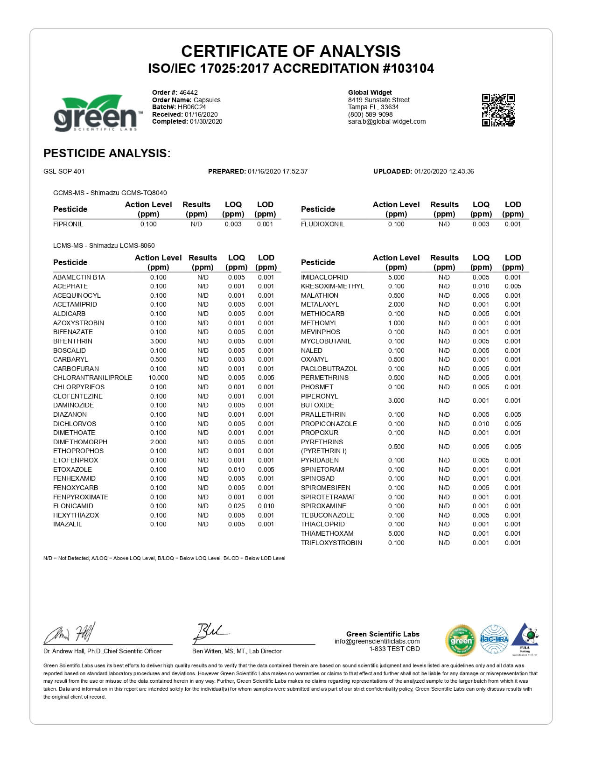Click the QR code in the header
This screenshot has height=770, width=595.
pos(498,110)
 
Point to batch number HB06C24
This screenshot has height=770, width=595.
pos(192,107)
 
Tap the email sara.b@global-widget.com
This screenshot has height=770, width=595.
pos(387,121)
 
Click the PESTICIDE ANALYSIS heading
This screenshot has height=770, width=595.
pos(107,153)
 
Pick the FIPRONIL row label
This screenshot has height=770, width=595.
pos(68,224)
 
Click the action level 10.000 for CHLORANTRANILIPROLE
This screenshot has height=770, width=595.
pos(158,378)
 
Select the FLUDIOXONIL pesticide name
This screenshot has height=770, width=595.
pos(322,224)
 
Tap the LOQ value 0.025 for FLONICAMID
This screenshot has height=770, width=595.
pos(237,506)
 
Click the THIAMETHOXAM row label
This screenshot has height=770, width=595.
pos(327,533)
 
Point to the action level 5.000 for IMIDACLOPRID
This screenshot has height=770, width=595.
pos(396,277)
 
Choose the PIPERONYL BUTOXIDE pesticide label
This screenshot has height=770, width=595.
pos(320,400)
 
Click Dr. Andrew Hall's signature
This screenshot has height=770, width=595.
pos(70,633)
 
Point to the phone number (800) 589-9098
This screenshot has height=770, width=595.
pos(370,114)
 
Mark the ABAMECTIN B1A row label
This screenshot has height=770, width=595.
pos(79,277)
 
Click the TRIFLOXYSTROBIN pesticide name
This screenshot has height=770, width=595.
pos(331,543)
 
